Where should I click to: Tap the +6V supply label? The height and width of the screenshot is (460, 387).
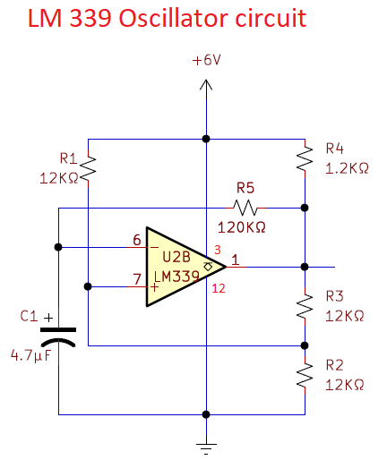coord(207,60)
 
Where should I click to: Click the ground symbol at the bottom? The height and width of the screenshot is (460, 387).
coord(206,448)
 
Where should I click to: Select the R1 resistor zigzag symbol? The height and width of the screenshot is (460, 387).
coord(89,168)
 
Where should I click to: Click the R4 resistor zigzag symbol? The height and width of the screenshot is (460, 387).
coord(305,158)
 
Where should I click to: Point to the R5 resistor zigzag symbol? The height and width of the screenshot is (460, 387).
coord(245,208)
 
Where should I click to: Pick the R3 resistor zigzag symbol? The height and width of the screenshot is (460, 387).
coord(305,306)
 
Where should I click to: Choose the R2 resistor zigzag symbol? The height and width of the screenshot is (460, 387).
coord(305,375)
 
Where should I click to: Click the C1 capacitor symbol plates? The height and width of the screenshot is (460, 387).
coord(58,336)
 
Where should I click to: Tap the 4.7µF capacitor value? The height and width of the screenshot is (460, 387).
coord(31,355)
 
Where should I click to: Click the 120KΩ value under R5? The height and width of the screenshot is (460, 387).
coord(241,227)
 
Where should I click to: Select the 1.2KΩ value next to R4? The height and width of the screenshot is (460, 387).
coord(347,168)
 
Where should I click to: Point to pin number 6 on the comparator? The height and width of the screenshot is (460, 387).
coord(137,240)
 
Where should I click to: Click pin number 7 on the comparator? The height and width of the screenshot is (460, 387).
coord(137,279)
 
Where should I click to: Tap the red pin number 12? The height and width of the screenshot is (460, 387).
coord(219,288)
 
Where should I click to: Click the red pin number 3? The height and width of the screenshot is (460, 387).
coord(218,250)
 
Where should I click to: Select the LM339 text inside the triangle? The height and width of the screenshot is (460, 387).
coord(176,277)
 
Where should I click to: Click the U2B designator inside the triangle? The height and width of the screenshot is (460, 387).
coord(176,257)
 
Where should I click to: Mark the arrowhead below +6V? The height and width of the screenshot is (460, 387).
coord(206,85)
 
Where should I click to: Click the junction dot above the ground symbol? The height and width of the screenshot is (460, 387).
coord(206,414)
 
